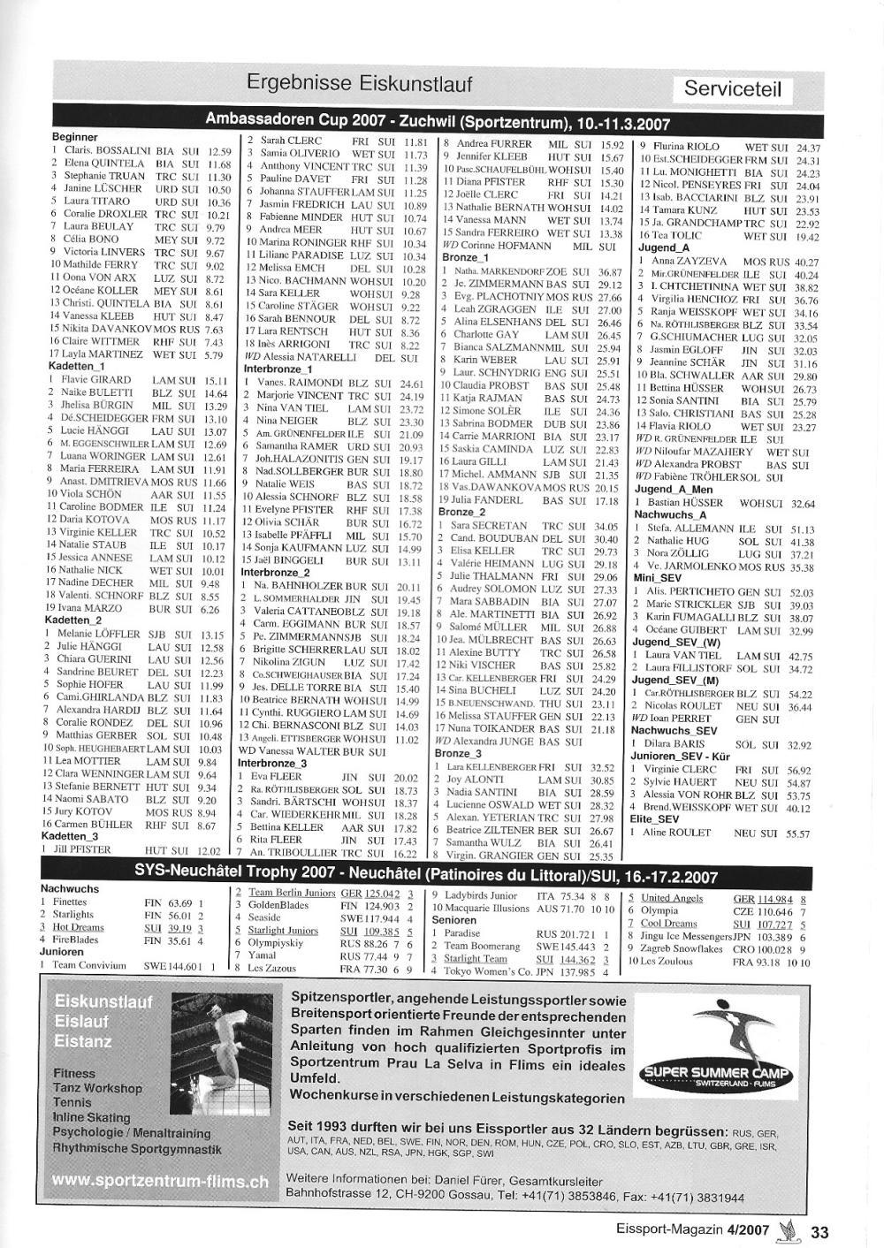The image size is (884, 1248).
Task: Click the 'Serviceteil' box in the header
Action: coord(733,89)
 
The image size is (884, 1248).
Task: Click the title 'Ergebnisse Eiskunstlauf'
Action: coord(359,83)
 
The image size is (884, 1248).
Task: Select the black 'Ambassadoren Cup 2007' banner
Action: coord(438,120)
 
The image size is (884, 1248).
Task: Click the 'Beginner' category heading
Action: coord(75,137)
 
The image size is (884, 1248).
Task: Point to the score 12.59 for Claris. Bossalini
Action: coord(219,151)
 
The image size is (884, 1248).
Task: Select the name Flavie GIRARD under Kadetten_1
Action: coord(95,380)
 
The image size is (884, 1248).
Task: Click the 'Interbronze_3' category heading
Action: coord(273,764)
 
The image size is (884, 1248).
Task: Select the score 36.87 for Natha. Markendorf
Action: coord(610,272)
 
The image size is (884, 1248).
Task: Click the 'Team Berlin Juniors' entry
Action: coord(292,893)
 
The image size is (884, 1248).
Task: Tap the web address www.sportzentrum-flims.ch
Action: coord(160,1181)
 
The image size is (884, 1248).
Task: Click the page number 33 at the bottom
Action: coord(819,1232)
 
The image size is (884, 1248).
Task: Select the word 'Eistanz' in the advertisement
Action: coord(83,1041)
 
